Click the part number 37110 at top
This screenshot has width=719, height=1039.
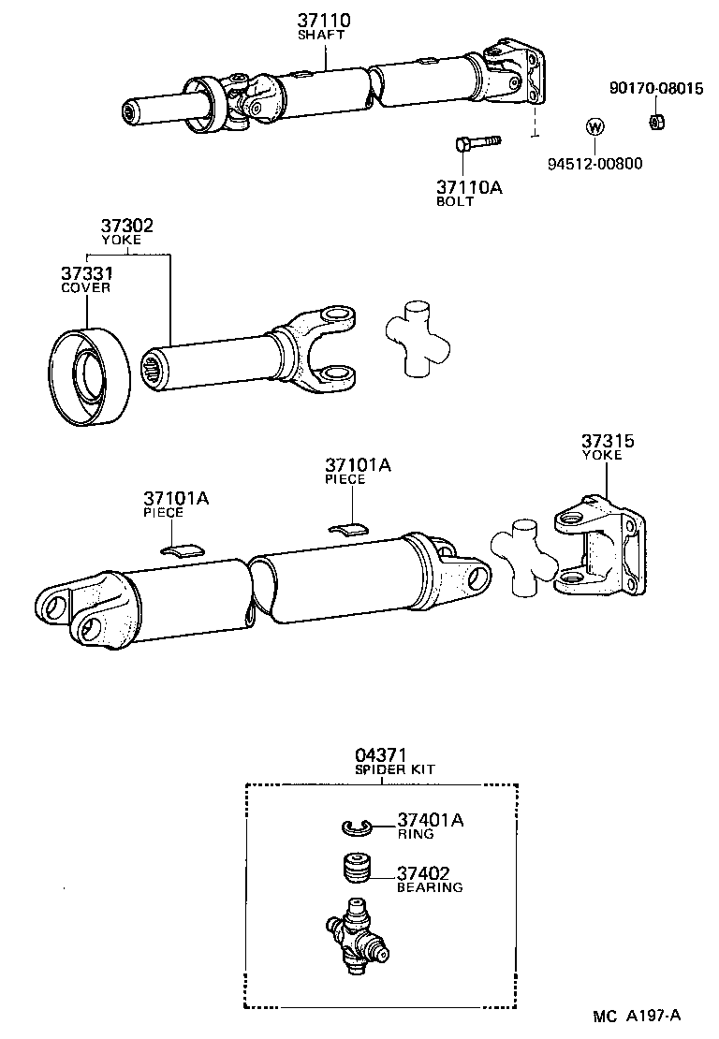click(326, 20)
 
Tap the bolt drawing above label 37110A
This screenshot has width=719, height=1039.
click(476, 143)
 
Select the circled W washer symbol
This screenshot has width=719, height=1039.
click(594, 127)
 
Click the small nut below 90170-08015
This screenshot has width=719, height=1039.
click(657, 121)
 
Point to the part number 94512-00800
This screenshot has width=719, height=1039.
click(595, 163)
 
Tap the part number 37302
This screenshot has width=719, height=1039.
click(126, 226)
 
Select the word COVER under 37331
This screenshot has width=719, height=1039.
click(86, 287)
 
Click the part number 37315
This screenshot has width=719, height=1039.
click(608, 441)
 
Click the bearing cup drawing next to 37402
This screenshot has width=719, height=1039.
click(355, 868)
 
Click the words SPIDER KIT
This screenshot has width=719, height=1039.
click(394, 769)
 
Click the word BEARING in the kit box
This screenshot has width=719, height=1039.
click(430, 886)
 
